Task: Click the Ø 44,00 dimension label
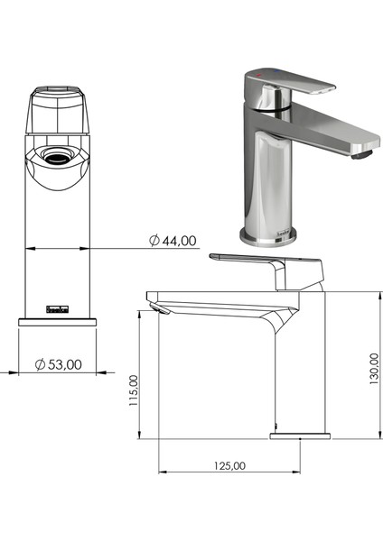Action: pos(173,240)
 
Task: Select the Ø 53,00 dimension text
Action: pos(59,364)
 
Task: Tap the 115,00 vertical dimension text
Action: pos(134,393)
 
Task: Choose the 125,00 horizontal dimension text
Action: pos(229,466)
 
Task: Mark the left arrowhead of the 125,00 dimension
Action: pos(162,472)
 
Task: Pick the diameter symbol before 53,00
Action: pos(41,364)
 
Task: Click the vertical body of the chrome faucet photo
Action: pos(267,180)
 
